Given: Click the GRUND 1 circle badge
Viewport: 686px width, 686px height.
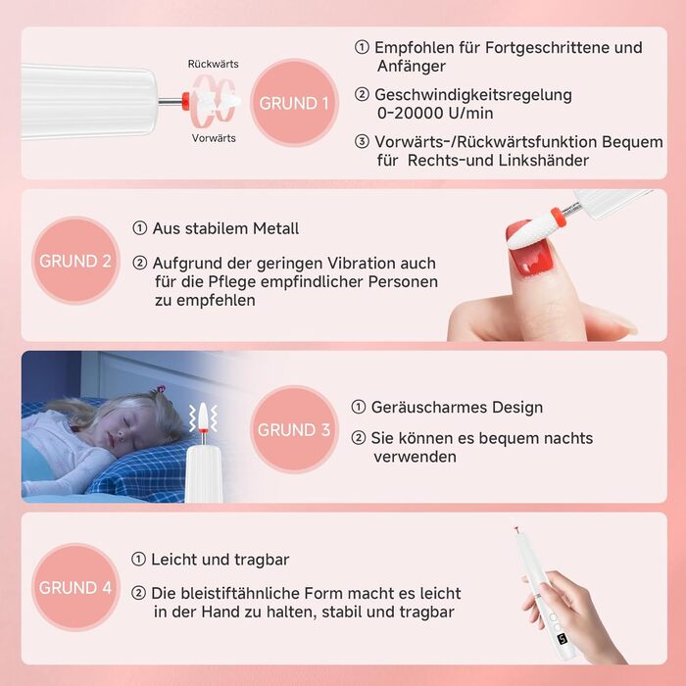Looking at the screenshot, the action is pos(294,103).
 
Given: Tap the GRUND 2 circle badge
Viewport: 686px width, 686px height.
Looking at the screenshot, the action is pos(75,261).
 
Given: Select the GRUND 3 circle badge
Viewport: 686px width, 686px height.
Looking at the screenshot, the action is pos(294,429).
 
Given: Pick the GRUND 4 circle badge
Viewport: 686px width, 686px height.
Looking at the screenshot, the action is pos(75,587).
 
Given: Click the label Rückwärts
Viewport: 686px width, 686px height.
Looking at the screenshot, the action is pos(213,64).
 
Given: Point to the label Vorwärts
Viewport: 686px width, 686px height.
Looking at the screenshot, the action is pos(214,138).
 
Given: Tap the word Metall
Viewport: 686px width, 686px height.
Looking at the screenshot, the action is pos(275,228).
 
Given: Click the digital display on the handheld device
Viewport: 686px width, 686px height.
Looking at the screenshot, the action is pos(563,639).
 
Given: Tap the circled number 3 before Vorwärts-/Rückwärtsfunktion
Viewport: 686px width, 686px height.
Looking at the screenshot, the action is pos(362,142).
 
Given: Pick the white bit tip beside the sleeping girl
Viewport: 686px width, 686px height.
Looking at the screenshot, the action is pos(203,416).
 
